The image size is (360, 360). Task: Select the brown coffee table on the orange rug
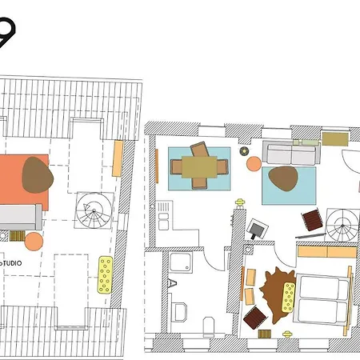point(35,174)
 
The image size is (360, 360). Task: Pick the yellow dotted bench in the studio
point(104,274)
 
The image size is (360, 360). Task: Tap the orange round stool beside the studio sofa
point(34,240)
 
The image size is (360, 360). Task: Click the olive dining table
point(199,166)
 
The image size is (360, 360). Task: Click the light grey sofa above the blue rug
point(291,151)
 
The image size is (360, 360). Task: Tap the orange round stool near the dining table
point(254,164)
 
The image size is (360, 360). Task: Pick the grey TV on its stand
point(255,229)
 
